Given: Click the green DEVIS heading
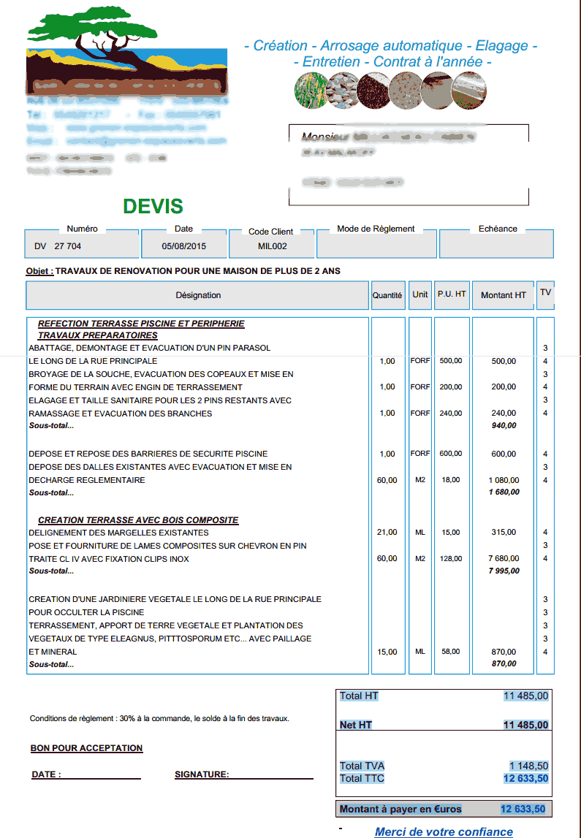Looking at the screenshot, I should pyautogui.click(x=153, y=207).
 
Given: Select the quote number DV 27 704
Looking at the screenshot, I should pyautogui.click(x=58, y=247).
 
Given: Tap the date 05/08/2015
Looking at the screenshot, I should pyautogui.click(x=184, y=247).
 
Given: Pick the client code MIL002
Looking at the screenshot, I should pyautogui.click(x=272, y=247).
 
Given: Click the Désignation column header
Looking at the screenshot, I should pyautogui.click(x=198, y=295).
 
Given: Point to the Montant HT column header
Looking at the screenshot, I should pyautogui.click(x=503, y=295).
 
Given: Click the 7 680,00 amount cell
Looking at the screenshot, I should pyautogui.click(x=504, y=559).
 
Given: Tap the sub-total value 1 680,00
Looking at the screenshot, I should pyautogui.click(x=504, y=492).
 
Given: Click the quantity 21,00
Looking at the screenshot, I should pyautogui.click(x=387, y=533).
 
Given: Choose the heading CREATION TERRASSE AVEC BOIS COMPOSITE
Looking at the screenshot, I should pyautogui.click(x=138, y=520).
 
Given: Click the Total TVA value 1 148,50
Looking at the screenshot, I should pyautogui.click(x=528, y=766).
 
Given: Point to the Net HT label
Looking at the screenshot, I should pyautogui.click(x=356, y=725).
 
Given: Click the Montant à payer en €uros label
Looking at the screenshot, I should pyautogui.click(x=400, y=809).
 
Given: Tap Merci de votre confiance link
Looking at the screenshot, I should pyautogui.click(x=444, y=831).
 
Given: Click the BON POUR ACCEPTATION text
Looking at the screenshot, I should pyautogui.click(x=86, y=748).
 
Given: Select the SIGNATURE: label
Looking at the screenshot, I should pyautogui.click(x=202, y=774).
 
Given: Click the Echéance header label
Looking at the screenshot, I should pyautogui.click(x=498, y=229).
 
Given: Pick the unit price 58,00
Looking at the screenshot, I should pyautogui.click(x=451, y=652).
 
